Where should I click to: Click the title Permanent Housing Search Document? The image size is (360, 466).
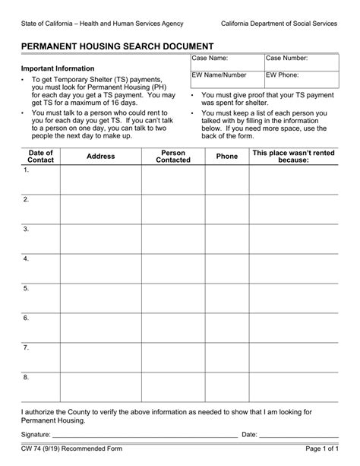pos(116,46)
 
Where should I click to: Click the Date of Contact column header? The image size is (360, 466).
pos(40,157)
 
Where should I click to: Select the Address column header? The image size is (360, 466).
pos(100,157)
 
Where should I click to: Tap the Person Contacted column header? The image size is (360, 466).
pos(172,157)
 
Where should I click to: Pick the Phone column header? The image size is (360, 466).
pos(226,157)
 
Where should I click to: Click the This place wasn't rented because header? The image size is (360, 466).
pos(293,157)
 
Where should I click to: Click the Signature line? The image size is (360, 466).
pos(144,434)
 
